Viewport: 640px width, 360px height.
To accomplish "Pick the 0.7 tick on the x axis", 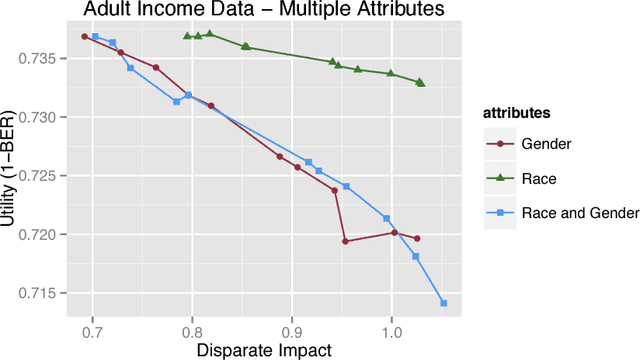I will (92, 329).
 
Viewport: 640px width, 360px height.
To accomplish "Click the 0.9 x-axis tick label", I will (292, 329).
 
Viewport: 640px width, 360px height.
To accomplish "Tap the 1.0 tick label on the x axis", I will (392, 329).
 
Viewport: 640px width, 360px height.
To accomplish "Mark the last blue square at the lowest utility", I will (444, 303).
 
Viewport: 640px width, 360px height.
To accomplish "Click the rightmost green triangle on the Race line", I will (420, 82).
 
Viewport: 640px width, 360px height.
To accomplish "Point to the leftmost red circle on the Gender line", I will (85, 36).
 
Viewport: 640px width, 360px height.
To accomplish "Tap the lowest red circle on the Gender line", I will (345, 241).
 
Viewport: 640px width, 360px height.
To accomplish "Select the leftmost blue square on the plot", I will (95, 37).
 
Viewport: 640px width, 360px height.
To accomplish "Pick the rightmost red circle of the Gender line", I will (417, 238).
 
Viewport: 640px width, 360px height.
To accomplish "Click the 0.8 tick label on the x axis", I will (192, 329).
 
